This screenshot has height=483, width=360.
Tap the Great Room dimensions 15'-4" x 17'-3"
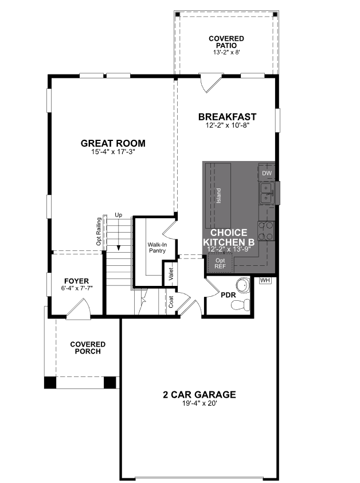point(113,152)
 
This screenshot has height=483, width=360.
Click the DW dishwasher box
point(267,173)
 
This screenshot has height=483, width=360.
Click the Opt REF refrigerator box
point(220,264)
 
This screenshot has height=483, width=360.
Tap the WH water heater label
point(265,281)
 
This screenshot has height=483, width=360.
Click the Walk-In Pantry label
point(156,248)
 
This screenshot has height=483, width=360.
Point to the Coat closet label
point(171,302)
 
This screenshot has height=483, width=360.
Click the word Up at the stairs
point(119,215)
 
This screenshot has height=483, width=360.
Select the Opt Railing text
point(99,231)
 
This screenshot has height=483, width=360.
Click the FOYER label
point(76,281)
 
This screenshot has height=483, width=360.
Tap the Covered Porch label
point(87,348)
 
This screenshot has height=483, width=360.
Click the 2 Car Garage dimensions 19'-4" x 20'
point(199,404)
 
